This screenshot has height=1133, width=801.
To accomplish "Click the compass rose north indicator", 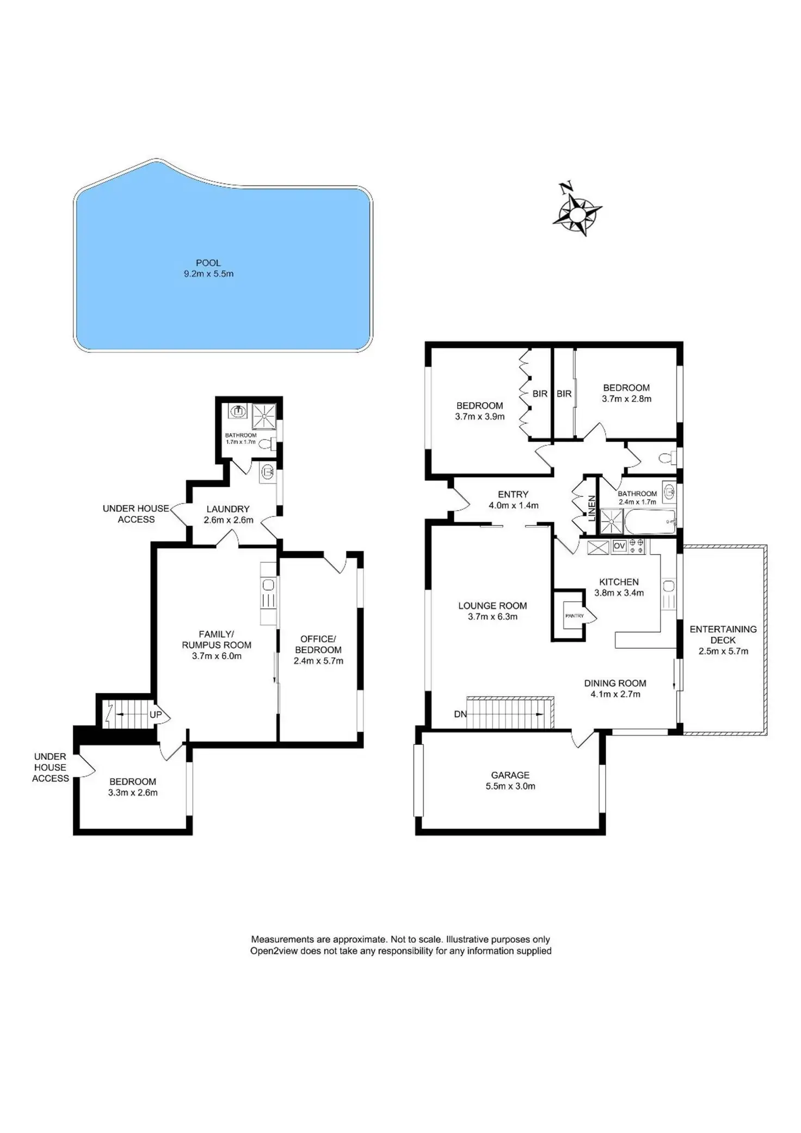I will click(566, 187).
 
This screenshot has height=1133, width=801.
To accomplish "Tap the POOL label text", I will click(208, 263).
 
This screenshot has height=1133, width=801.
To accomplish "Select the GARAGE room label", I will click(510, 775).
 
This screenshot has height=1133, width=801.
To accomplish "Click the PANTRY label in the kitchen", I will click(574, 616).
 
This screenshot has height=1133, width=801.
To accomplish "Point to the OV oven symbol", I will click(619, 546).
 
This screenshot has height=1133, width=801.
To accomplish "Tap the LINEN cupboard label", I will click(592, 508).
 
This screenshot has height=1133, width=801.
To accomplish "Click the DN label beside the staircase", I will click(460, 714).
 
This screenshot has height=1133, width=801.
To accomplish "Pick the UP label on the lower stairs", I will click(156, 715).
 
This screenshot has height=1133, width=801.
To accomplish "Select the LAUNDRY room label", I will click(227, 509).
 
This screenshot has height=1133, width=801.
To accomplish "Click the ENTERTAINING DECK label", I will click(723, 635).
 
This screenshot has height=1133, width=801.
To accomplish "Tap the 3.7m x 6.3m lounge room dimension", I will click(492, 617).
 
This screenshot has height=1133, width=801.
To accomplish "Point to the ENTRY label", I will click(513, 494).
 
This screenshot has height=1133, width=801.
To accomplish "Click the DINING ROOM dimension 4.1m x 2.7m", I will click(615, 694).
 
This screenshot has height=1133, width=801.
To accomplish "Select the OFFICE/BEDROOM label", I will click(318, 644).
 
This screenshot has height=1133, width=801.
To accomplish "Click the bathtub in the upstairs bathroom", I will click(650, 522).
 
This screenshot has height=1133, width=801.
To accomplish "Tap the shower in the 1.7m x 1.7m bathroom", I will click(264, 417).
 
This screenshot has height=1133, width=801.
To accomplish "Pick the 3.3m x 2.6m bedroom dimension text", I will click(133, 793).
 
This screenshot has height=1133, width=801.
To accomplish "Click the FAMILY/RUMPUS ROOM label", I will click(217, 639).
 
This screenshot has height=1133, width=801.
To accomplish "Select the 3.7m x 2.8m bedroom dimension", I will click(626, 399).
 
